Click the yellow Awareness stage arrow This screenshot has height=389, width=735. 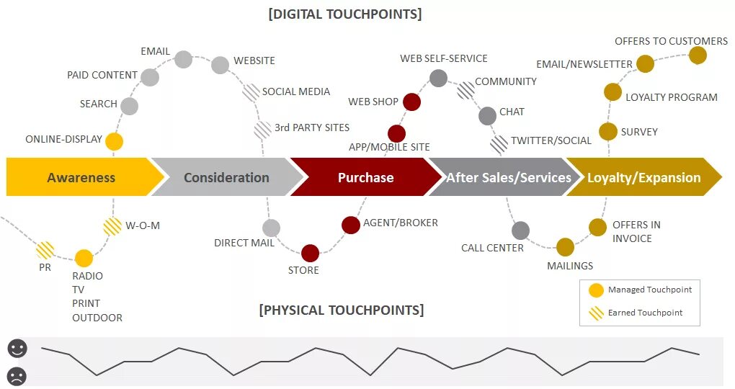point(81,177)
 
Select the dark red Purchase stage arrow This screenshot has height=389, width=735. point(365,177)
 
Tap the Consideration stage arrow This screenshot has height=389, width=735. point(226,177)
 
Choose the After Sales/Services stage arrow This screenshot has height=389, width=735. point(508,177)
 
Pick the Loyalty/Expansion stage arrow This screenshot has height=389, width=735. point(643,177)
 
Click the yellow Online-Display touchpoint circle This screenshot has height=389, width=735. point(114,141)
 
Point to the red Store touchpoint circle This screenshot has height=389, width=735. point(310,253)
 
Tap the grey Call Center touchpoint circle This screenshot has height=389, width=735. point(520,231)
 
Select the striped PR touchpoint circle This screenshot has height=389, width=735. point(45,250)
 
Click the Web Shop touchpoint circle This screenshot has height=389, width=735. point(411,102)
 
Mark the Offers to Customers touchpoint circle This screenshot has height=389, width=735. point(698,55)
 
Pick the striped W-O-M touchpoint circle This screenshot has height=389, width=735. point(112,226)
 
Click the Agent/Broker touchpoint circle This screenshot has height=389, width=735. point(351,225)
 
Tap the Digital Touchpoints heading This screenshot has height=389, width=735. point(344,14)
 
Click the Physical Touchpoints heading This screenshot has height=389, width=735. point(342,310)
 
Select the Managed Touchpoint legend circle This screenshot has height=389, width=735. point(596,290)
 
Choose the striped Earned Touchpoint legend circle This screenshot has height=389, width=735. point(596,313)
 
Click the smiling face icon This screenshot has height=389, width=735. point(17,349)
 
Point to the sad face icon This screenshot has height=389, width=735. point(17,375)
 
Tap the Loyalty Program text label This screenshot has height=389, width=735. point(671,97)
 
